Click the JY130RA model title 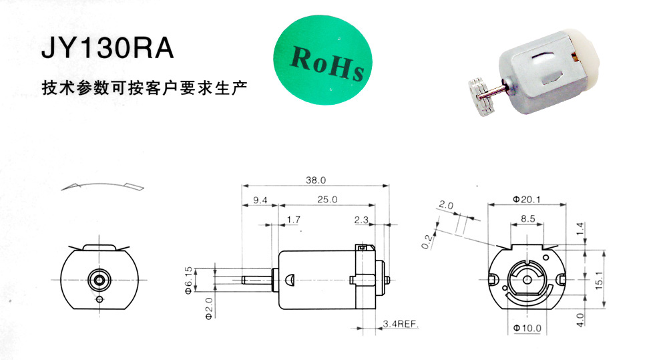point(107,48)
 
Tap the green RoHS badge point(322,60)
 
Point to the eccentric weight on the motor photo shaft point(483,96)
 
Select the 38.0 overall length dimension point(315,180)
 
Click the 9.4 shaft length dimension point(260,200)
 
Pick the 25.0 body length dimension point(327,200)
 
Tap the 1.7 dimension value point(293,220)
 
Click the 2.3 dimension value point(361,220)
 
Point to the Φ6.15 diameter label point(188,281)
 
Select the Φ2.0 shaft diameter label point(208,309)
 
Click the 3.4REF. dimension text point(400,324)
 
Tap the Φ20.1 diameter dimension point(527,199)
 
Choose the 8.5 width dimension point(527,218)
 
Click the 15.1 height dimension point(599,280)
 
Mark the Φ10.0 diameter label point(527,328)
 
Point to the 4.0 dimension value point(580,319)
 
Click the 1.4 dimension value point(580,229)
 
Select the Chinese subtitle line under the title point(145,87)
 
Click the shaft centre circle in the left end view point(99,280)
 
